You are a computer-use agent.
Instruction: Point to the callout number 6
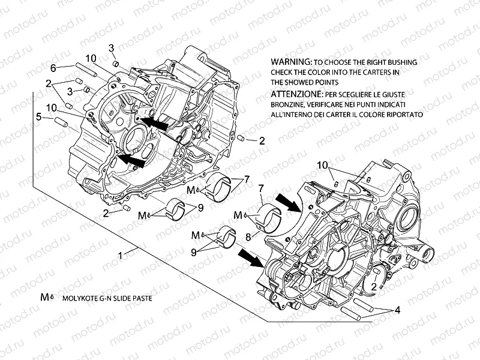click(53, 67)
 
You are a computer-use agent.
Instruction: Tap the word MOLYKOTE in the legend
click(78, 297)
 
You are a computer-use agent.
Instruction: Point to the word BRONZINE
click(286, 104)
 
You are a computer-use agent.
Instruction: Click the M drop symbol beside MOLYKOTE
click(46, 296)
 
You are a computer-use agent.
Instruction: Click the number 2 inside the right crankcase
click(374, 287)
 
